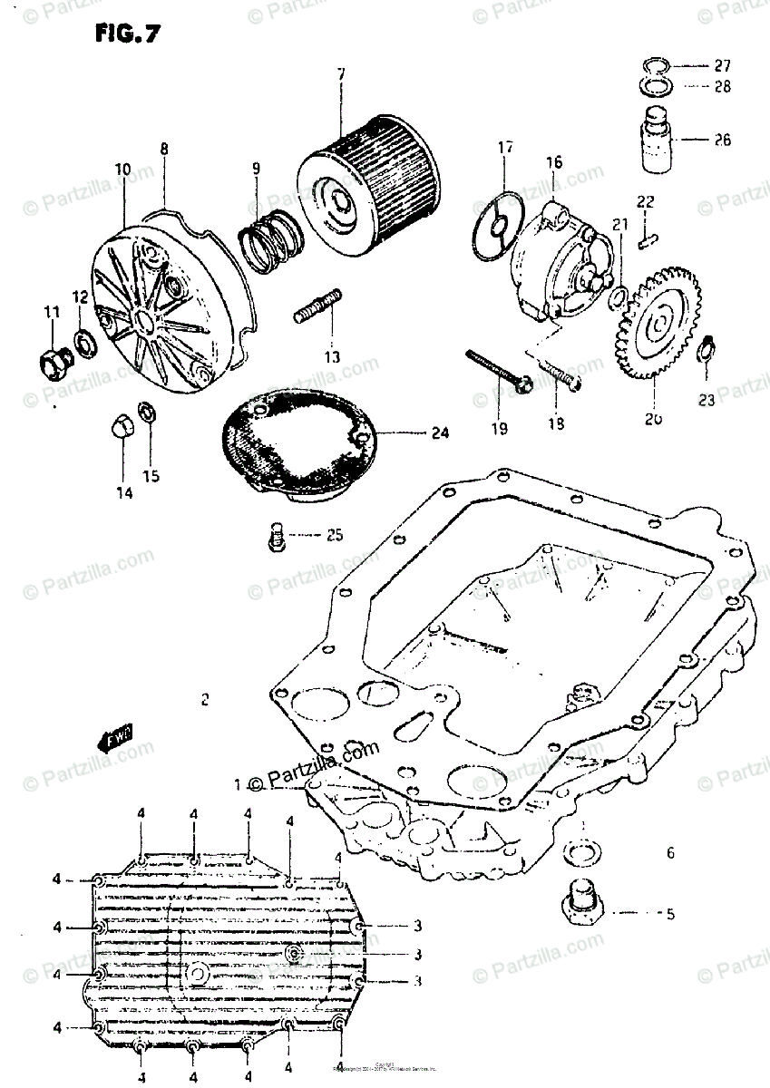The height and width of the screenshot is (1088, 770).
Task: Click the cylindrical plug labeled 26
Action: [652, 141]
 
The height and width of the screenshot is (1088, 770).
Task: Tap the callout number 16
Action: [554, 162]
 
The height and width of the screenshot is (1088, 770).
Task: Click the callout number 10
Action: [122, 169]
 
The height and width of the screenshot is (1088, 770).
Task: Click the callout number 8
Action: [164, 149]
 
